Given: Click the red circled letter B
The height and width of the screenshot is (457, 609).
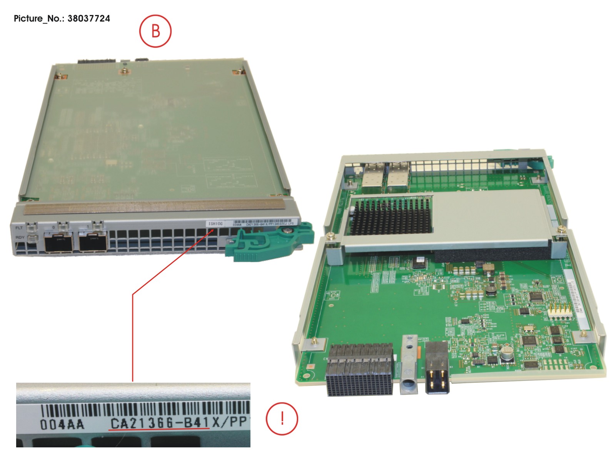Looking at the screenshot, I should [x=155, y=31].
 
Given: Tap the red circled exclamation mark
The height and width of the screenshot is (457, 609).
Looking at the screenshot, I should [x=282, y=418].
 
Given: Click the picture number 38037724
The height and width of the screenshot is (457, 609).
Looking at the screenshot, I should [x=88, y=18].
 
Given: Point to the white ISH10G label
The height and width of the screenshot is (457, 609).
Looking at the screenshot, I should [x=215, y=224].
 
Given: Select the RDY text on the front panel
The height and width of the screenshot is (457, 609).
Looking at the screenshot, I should [x=20, y=238].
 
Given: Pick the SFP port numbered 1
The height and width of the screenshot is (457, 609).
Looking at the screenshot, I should [x=93, y=243].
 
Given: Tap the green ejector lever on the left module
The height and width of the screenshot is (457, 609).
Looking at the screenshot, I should [x=269, y=243].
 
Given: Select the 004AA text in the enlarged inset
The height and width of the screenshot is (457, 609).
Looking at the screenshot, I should [x=62, y=424].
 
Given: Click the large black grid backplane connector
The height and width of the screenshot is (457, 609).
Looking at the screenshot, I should [x=360, y=375].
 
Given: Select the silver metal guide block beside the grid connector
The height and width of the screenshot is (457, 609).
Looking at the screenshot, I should [x=409, y=364].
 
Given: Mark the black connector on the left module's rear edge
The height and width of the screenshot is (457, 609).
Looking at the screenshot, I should [x=97, y=60].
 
